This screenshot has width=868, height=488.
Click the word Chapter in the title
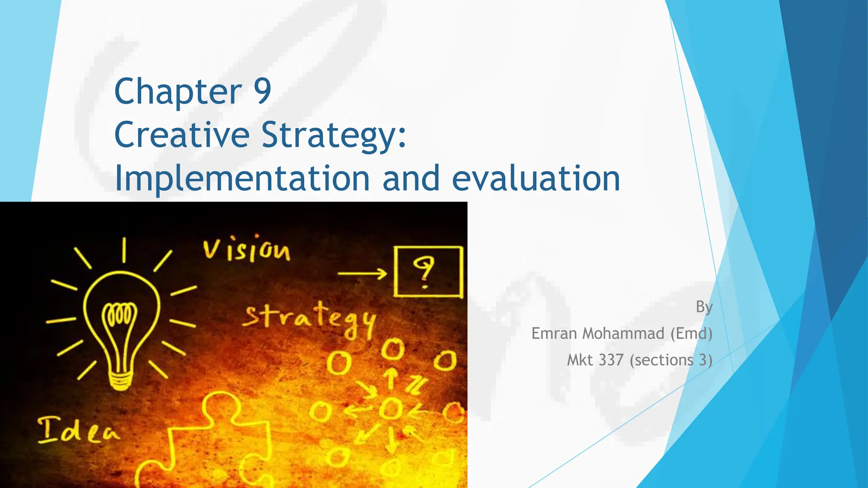tap(178, 92)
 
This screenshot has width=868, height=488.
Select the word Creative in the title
tap(182, 135)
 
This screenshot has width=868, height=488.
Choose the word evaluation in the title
tap(536, 178)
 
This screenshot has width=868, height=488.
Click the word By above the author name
tap(704, 307)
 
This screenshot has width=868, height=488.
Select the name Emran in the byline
tap(555, 333)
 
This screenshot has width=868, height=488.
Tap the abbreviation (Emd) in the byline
tap(691, 333)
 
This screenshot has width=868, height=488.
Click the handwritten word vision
tap(247, 250)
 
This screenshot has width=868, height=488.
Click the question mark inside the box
tap(424, 272)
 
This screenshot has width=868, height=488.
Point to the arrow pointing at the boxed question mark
tap(362, 274)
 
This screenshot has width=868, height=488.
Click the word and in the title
tap(411, 178)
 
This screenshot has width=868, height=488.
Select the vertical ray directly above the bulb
tap(124, 250)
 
